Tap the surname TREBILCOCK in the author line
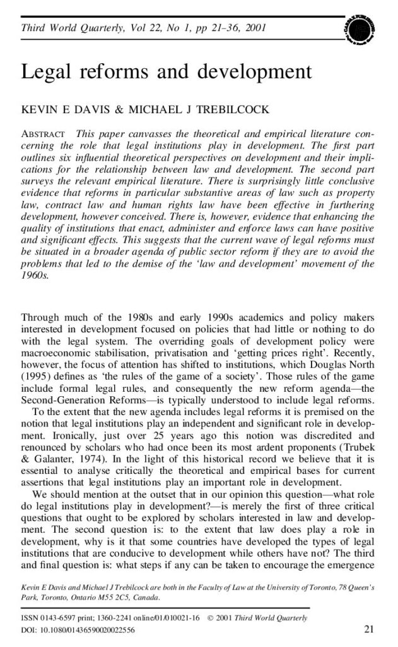[213, 110]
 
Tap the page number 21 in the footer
[370, 629]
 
